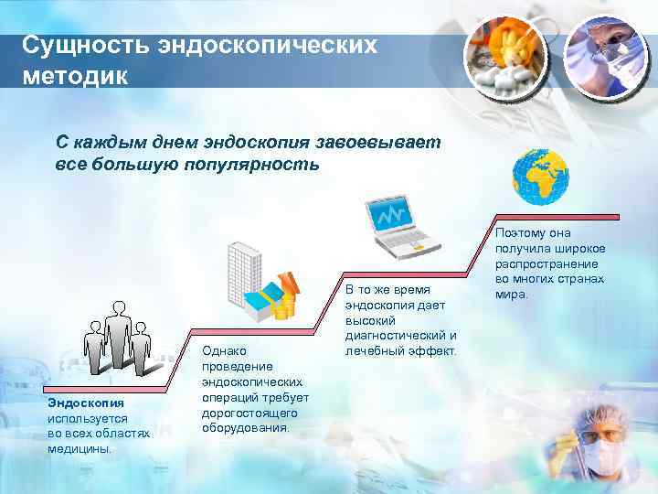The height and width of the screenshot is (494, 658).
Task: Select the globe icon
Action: click(540, 176)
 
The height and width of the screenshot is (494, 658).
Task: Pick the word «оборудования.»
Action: click(245, 427)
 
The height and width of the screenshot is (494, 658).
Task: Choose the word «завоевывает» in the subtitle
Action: click(377, 142)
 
